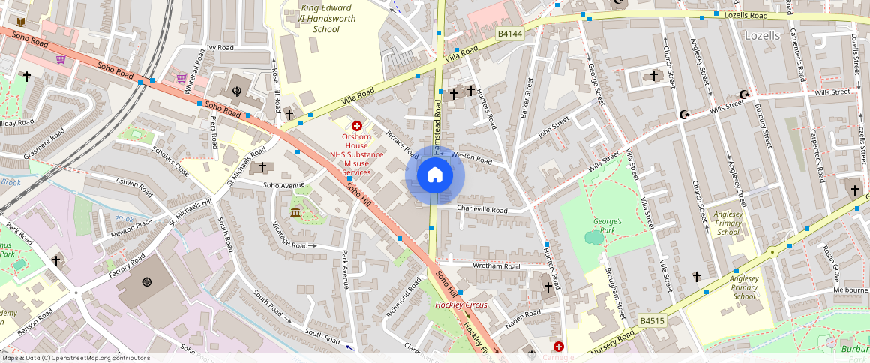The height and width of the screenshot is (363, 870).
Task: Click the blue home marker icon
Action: pyautogui.click(x=435, y=176)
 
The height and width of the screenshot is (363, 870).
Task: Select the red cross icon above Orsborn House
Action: pyautogui.click(x=357, y=126)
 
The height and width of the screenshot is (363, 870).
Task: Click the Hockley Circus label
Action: pyautogui.click(x=461, y=304)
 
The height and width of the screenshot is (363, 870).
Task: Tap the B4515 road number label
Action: pyautogui.click(x=652, y=321)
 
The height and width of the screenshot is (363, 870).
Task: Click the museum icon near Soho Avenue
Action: pyautogui.click(x=296, y=214)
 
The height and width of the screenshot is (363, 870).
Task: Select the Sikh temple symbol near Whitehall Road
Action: pyautogui.click(x=238, y=88)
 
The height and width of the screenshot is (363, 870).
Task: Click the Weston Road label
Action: pyautogui.click(x=471, y=159)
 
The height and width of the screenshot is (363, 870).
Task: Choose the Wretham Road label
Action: pyautogui.click(x=496, y=265)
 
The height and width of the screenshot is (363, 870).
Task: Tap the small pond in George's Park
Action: pyautogui.click(x=593, y=238)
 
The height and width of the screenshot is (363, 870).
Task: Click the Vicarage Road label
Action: pyautogui.click(x=290, y=244)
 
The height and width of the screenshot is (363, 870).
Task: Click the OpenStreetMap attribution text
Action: pyautogui.click(x=75, y=358)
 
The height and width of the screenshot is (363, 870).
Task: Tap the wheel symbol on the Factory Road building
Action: pyautogui.click(x=147, y=282)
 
